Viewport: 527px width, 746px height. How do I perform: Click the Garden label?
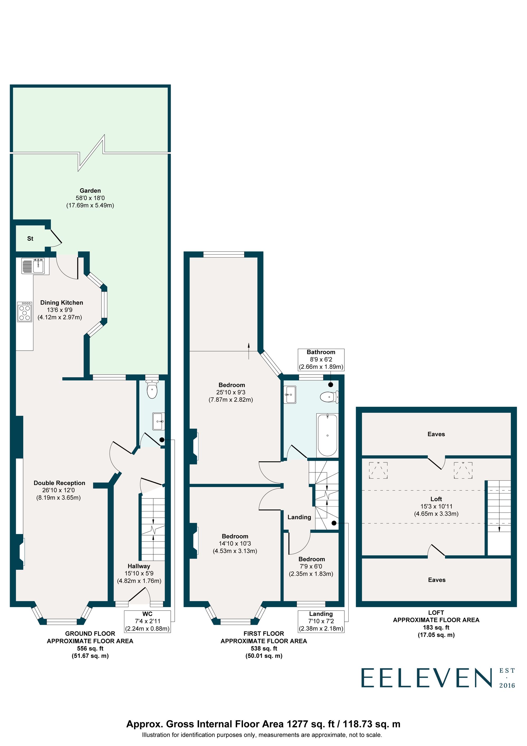pyautogui.click(x=90, y=191)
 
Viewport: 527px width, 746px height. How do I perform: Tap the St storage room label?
pyautogui.click(x=30, y=239)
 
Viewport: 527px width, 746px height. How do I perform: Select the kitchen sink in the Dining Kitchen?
pyautogui.click(x=38, y=266)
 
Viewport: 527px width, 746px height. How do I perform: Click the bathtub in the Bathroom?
pyautogui.click(x=327, y=435)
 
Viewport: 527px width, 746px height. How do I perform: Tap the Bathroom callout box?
pyautogui.click(x=321, y=359)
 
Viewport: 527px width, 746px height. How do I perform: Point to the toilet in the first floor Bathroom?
pyautogui.click(x=328, y=397)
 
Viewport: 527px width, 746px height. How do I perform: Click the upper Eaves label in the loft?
pyautogui.click(x=436, y=434)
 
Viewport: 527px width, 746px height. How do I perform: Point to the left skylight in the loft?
pyautogui.click(x=378, y=471)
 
